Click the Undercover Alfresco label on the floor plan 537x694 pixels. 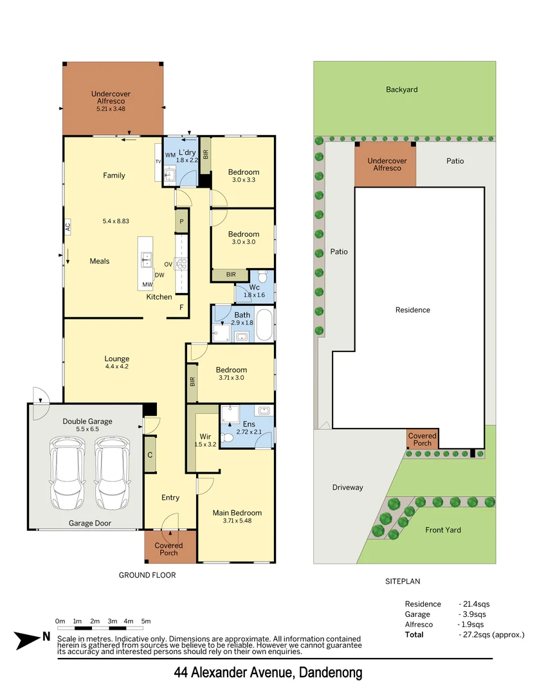pyautogui.click(x=111, y=97)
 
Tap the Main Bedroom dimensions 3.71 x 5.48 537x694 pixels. pyautogui.click(x=237, y=521)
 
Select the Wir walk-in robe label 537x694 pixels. pyautogui.click(x=203, y=436)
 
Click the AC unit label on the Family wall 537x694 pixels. pyautogui.click(x=67, y=226)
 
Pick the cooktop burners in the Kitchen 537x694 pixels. pyautogui.click(x=181, y=263)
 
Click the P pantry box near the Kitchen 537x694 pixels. pyautogui.click(x=182, y=222)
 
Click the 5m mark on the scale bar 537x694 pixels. pyautogui.click(x=146, y=621)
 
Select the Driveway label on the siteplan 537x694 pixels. pyautogui.click(x=348, y=487)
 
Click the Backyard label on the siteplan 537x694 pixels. pyautogui.click(x=402, y=89)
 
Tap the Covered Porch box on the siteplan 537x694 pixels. pyautogui.click(x=423, y=440)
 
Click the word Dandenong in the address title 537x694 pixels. pyautogui.click(x=329, y=673)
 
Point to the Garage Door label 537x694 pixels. pyautogui.click(x=90, y=523)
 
